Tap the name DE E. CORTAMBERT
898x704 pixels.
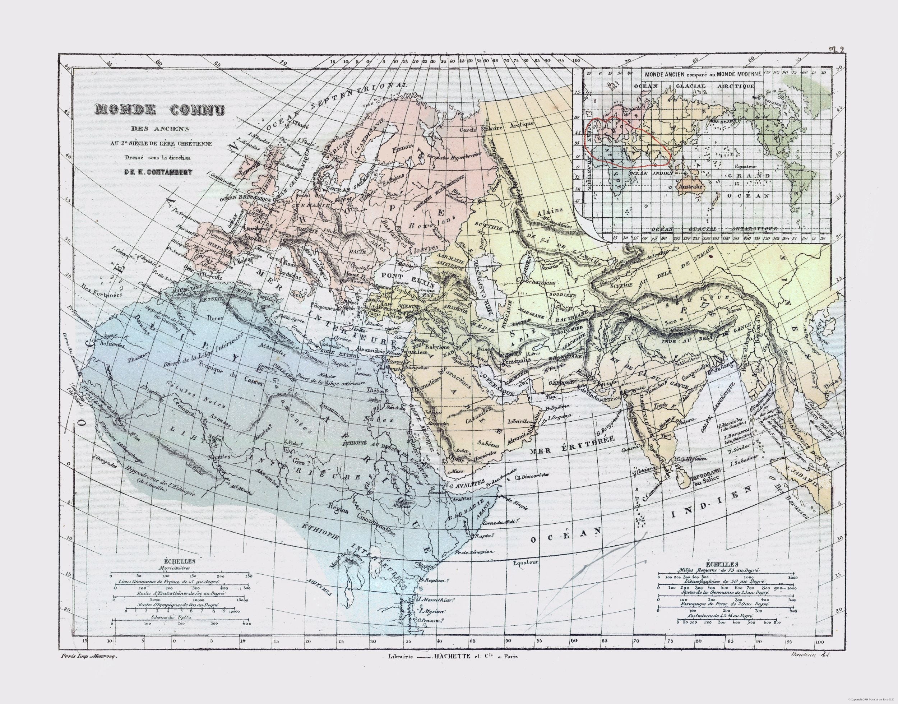(x=153, y=172)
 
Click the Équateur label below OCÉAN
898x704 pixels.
(x=526, y=562)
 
